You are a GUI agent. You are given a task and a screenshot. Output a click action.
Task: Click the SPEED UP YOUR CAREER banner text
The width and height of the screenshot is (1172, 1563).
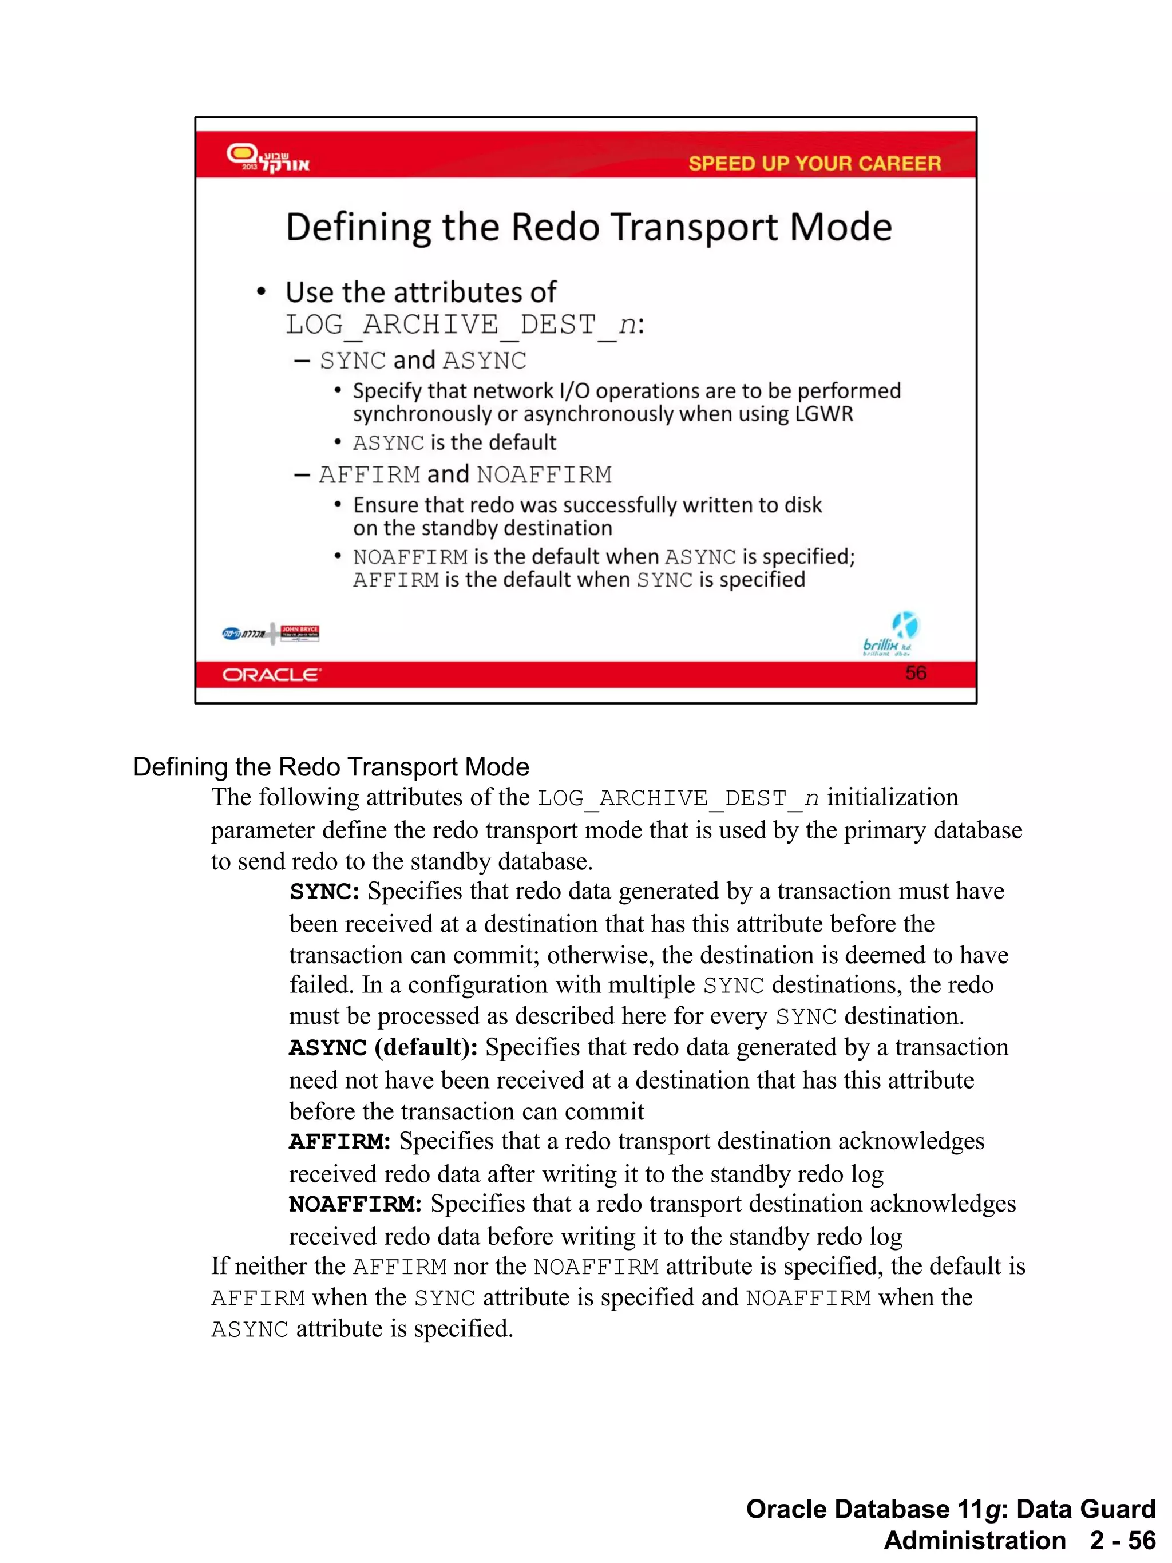pyautogui.click(x=814, y=163)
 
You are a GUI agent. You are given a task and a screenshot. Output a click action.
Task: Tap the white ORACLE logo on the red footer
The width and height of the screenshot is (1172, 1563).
pyautogui.click(x=271, y=675)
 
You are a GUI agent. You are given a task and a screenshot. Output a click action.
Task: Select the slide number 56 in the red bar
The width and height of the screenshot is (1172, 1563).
pyautogui.click(x=915, y=672)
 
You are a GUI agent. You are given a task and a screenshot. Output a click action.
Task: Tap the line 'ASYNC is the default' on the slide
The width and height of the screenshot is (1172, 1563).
pyautogui.click(x=454, y=443)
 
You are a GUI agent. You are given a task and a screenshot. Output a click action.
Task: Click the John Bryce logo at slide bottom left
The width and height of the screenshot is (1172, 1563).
pyautogui.click(x=299, y=632)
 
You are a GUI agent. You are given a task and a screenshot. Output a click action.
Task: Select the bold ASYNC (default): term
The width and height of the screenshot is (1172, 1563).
pyautogui.click(x=383, y=1048)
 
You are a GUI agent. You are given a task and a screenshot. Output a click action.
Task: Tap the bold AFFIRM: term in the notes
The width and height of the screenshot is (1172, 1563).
pyautogui.click(x=339, y=1142)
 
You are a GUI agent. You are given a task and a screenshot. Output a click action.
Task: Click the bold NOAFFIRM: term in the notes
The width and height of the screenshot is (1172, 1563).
pyautogui.click(x=355, y=1204)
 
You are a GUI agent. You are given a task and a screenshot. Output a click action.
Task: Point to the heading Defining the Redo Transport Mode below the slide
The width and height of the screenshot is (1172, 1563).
pyautogui.click(x=331, y=767)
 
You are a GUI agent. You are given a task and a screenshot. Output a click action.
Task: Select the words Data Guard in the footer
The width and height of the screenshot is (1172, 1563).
pyautogui.click(x=1085, y=1509)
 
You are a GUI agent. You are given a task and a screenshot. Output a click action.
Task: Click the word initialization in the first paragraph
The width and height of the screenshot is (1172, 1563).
pyautogui.click(x=892, y=798)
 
